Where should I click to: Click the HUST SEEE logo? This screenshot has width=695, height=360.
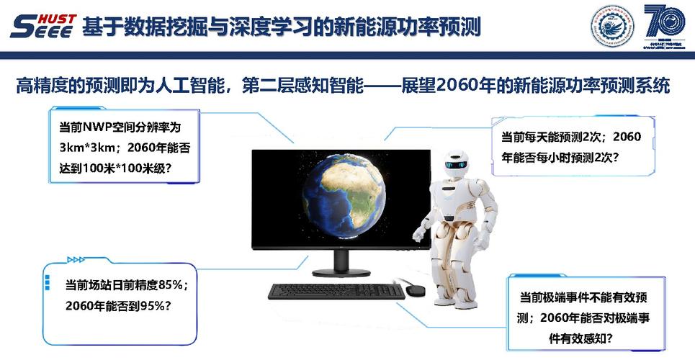point(42,27)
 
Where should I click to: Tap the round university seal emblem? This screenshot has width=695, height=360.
point(612,27)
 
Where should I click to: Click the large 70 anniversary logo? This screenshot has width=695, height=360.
point(664,25)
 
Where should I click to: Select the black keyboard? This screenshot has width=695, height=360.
point(335,291)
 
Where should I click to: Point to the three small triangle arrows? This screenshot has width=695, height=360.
point(75,259)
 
